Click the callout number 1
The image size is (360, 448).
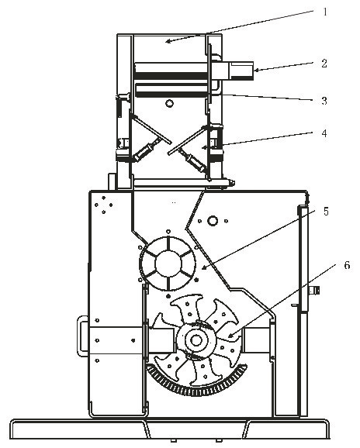click(x=325, y=12)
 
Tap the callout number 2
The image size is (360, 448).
click(x=324, y=64)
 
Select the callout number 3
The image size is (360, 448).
click(x=324, y=101)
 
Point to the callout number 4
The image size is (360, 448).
click(x=324, y=133)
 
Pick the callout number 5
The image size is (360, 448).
click(x=326, y=212)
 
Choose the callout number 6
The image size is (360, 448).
click(x=347, y=265)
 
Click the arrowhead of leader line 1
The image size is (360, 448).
click(x=168, y=42)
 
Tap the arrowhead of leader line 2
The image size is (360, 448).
click(x=256, y=70)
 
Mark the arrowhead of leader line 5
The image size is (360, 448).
click(x=203, y=267)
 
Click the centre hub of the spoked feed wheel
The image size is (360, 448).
click(x=168, y=264)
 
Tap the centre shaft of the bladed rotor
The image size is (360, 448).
click(x=196, y=340)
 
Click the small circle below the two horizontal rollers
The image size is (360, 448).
click(x=170, y=103)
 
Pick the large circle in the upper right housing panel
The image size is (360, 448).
click(x=213, y=221)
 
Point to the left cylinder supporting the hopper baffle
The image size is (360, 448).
click(x=145, y=150)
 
